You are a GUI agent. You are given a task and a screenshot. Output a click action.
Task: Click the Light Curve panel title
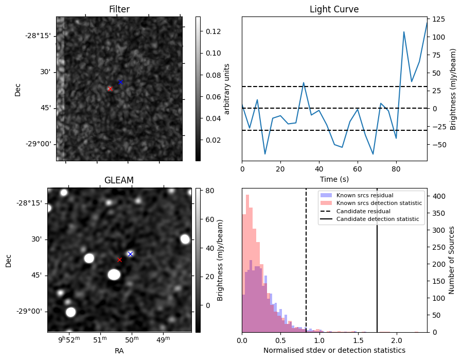click(x=334, y=9)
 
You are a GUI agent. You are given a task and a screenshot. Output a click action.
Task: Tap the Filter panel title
click(x=119, y=9)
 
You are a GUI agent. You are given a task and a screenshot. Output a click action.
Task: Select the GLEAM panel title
click(x=119, y=180)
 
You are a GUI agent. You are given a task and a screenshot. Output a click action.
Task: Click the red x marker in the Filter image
click(x=110, y=89)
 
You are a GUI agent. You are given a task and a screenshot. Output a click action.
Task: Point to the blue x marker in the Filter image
click(x=120, y=82)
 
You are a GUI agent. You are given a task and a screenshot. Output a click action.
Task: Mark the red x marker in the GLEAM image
click(x=119, y=260)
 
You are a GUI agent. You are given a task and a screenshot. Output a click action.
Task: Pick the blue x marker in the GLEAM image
click(x=130, y=254)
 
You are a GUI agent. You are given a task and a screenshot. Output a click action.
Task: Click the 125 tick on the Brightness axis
click(x=439, y=20)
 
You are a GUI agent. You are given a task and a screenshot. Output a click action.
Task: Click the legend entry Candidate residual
click(x=363, y=212)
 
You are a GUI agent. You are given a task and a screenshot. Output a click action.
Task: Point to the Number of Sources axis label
click(x=452, y=260)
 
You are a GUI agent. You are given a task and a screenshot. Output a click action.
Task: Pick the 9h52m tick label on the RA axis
click(x=69, y=339)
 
